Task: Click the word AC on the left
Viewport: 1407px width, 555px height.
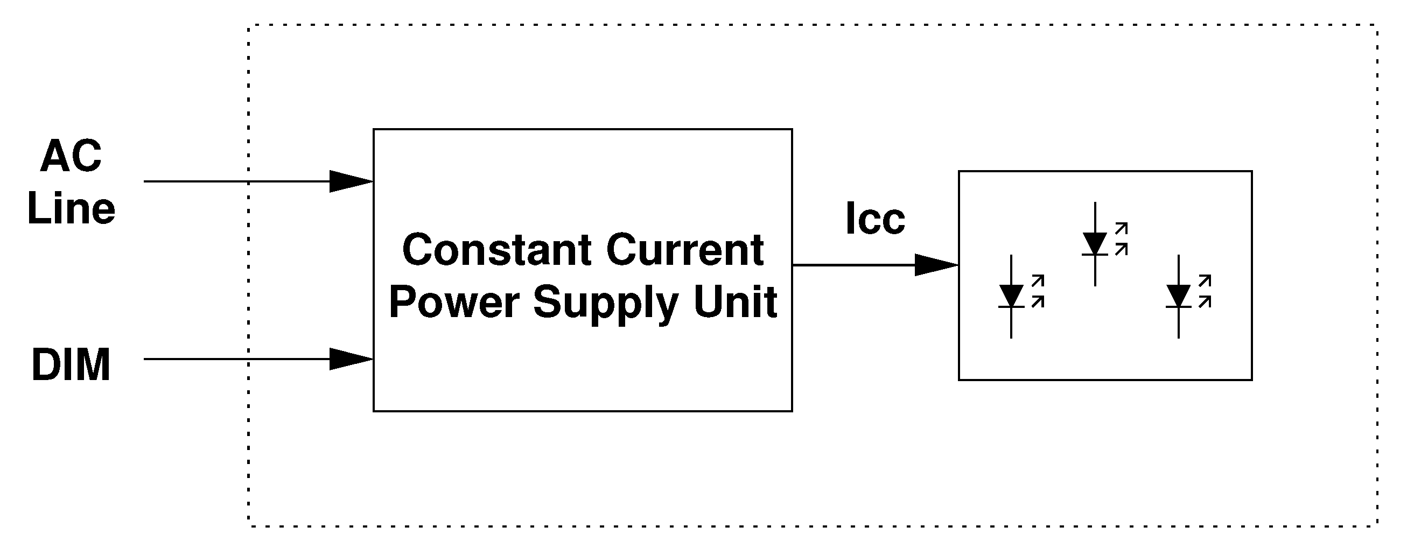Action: pyautogui.click(x=71, y=156)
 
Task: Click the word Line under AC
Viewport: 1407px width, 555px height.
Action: pyautogui.click(x=71, y=209)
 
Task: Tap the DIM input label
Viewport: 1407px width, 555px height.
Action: pyautogui.click(x=71, y=365)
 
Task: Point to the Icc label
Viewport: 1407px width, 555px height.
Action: pyautogui.click(x=875, y=219)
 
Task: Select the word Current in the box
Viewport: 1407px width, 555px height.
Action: pyautogui.click(x=685, y=250)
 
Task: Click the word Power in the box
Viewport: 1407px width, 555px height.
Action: pyautogui.click(x=454, y=302)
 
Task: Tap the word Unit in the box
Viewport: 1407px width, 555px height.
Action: pyautogui.click(x=736, y=302)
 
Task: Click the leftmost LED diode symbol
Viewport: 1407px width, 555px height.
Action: pyautogui.click(x=1011, y=297)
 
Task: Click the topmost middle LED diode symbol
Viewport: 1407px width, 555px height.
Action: pyautogui.click(x=1095, y=244)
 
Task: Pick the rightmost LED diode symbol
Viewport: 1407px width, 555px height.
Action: pyautogui.click(x=1178, y=297)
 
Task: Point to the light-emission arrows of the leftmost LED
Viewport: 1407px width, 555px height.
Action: pyautogui.click(x=1038, y=291)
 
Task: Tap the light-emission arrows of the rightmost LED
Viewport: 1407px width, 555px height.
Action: pyautogui.click(x=1205, y=291)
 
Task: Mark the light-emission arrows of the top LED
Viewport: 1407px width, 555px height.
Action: pyautogui.click(x=1121, y=238)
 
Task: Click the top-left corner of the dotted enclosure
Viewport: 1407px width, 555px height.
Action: pyautogui.click(x=249, y=26)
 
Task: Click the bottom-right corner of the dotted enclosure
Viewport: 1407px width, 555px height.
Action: pyautogui.click(x=1377, y=526)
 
